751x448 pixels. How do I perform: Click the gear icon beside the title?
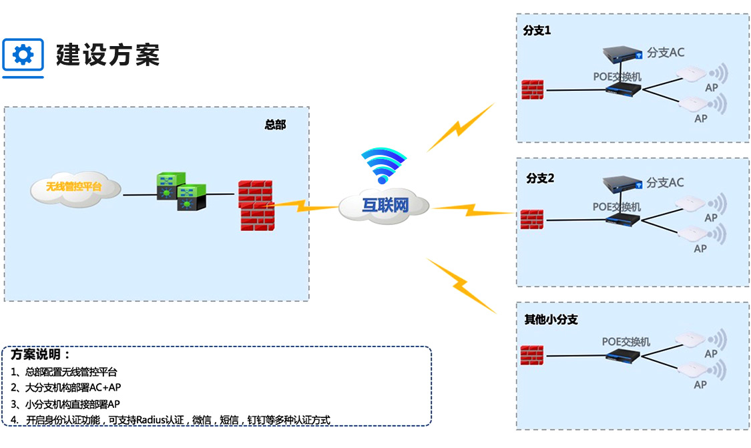tap(23, 55)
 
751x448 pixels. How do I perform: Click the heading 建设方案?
tap(107, 55)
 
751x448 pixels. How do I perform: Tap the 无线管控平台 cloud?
tap(74, 188)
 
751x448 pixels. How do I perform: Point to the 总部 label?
tap(275, 125)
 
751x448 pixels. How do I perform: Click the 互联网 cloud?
tap(384, 205)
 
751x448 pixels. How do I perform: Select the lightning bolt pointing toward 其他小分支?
tap(461, 285)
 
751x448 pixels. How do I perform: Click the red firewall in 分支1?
tap(533, 89)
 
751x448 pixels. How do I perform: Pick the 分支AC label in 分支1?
tap(665, 53)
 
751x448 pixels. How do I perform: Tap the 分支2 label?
tap(540, 178)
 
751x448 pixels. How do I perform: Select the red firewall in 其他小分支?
tap(533, 355)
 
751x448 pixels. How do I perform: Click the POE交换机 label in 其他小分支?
tap(625, 342)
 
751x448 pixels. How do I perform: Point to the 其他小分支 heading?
tap(551, 320)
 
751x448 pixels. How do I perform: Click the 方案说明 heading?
tap(40, 355)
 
